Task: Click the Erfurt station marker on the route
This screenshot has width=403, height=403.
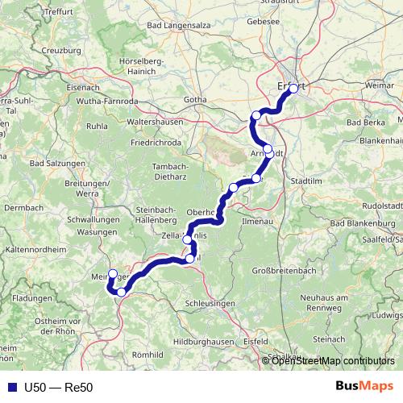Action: coord(293,89)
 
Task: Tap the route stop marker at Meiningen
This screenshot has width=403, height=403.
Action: coord(113,274)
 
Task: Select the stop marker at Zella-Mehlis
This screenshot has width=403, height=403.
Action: coord(187,239)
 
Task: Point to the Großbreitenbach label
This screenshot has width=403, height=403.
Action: coord(289,270)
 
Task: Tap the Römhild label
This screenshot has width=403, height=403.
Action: coord(147,354)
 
